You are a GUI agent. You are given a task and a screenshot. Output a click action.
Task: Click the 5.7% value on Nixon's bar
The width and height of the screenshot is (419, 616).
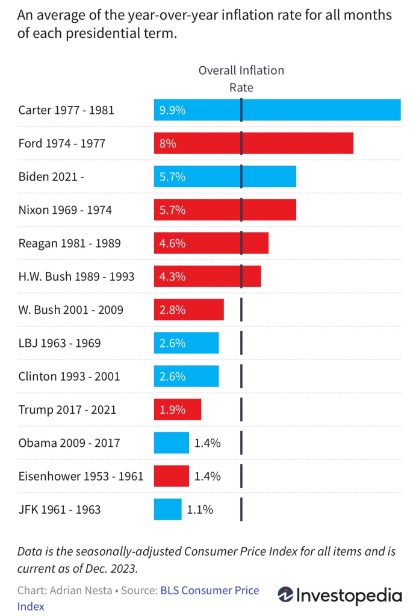(172, 210)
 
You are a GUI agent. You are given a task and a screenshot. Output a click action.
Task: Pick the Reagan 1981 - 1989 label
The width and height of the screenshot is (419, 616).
(69, 243)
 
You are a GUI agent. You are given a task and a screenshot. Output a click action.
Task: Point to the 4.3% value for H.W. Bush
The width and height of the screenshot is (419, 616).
(172, 276)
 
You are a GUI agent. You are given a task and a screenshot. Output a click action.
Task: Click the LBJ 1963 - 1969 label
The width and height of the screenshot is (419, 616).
(60, 343)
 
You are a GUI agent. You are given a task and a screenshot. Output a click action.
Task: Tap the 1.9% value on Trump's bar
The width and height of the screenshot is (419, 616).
(172, 409)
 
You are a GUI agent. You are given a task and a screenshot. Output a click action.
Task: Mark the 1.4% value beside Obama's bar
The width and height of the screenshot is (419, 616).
(208, 443)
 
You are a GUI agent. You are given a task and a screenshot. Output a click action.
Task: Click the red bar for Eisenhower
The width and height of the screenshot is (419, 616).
(171, 476)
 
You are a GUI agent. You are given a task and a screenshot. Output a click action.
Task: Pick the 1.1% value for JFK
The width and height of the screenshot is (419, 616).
(200, 509)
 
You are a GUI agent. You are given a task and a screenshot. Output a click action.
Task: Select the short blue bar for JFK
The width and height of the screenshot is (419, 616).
(167, 509)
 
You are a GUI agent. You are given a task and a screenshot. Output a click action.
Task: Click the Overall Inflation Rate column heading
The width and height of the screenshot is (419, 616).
(241, 79)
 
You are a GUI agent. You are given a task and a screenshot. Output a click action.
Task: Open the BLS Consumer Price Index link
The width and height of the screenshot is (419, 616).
(209, 591)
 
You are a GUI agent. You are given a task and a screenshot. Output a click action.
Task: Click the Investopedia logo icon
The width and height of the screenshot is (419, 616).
(285, 596)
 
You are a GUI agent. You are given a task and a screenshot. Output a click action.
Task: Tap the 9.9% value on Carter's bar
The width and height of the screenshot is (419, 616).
(172, 110)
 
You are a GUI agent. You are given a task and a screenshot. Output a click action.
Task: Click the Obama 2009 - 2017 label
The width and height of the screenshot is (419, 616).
(69, 443)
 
